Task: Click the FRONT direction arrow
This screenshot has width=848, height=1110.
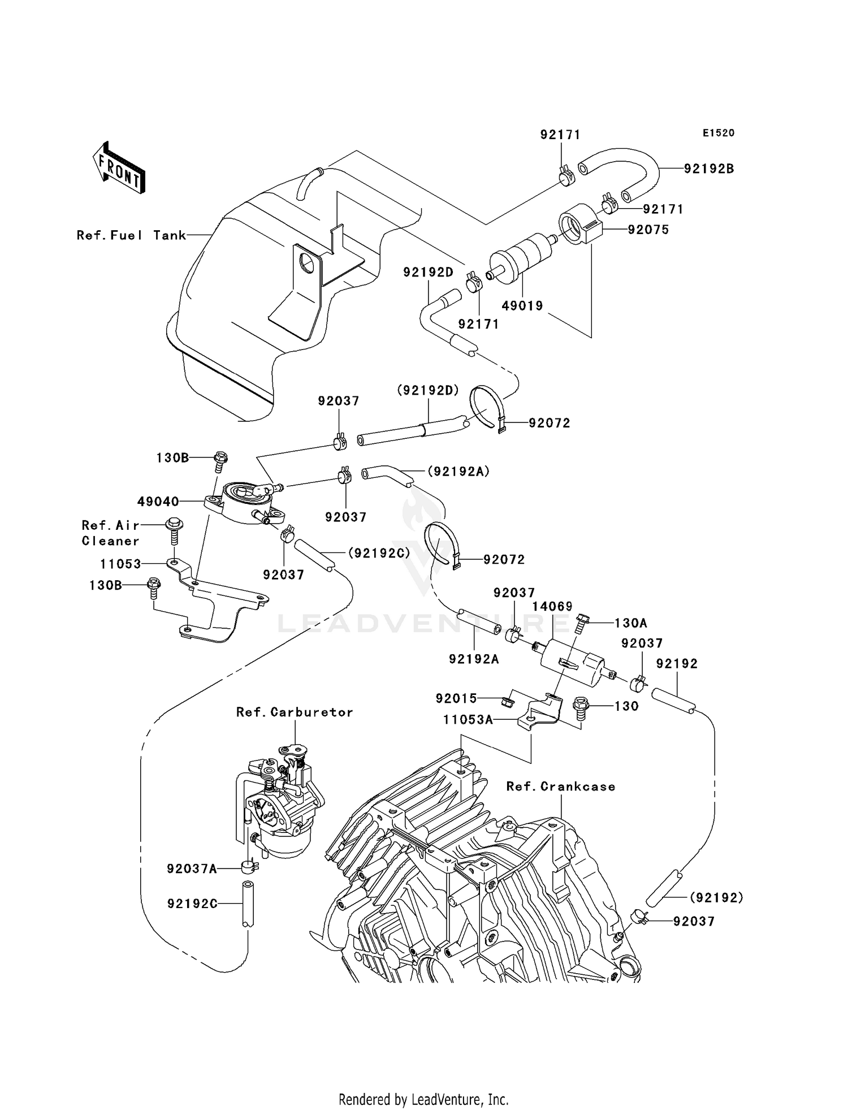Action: pos(119,169)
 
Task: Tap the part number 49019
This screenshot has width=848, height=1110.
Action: pos(522,306)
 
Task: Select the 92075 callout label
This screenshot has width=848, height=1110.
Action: pos(648,230)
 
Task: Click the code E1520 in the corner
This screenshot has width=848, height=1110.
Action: pos(719,133)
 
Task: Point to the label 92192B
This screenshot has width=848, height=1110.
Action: pos(708,169)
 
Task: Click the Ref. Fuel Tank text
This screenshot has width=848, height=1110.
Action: pos(131,235)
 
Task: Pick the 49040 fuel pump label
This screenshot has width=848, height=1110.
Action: pos(158,502)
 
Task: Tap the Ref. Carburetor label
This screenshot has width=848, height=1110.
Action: pos(295,712)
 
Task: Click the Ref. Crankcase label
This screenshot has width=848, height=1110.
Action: pos(560,787)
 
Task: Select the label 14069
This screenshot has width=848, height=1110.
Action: pos(552,607)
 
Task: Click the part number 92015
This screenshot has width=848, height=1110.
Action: pos(456,699)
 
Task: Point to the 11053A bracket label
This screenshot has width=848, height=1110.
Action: pos(468,720)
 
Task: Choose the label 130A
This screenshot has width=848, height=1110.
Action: pos(630,623)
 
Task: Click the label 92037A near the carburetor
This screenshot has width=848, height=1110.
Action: pos(192,869)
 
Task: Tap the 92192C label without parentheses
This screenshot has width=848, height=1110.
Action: pos(192,904)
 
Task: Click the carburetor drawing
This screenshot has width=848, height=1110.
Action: pos(280,803)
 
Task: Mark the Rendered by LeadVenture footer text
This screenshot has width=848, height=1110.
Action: pos(423,1099)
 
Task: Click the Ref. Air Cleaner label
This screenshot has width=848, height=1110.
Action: pos(110,533)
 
